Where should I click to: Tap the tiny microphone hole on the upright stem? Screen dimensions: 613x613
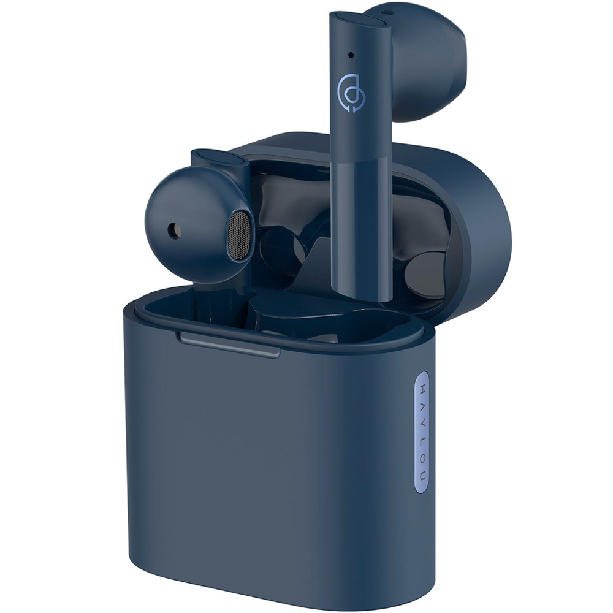tap(351, 55)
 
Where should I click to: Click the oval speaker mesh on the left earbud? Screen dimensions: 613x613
tap(238, 237)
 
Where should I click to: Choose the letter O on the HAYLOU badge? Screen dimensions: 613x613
tap(422, 459)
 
